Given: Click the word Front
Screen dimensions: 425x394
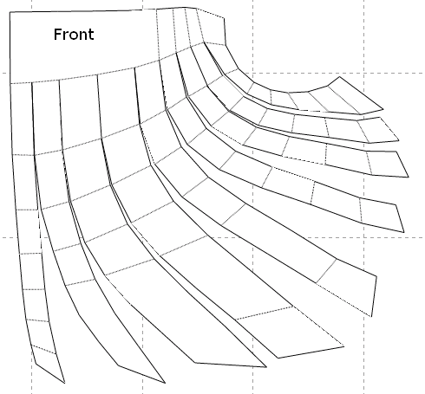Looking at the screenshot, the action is [x=74, y=34].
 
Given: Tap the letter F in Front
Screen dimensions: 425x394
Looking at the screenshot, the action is [x=57, y=34].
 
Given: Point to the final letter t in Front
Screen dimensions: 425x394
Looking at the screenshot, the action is [x=91, y=35].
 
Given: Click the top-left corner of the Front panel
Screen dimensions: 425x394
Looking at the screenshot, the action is [x=10, y=12].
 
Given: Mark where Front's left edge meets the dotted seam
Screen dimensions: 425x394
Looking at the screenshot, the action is [x=10, y=84].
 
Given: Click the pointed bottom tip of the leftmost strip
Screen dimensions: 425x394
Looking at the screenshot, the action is [x=64, y=383].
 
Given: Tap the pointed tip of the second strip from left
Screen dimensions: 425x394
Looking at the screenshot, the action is [x=165, y=383].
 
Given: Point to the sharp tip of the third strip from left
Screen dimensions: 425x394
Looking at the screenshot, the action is [x=266, y=367].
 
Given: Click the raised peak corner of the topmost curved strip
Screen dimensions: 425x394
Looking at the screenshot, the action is [x=339, y=77].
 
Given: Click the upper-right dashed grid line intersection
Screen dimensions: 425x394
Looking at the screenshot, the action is [x=363, y=73].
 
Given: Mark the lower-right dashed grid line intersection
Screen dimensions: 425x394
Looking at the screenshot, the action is [x=363, y=238].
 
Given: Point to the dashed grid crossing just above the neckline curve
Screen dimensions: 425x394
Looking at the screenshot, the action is [x=253, y=73].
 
